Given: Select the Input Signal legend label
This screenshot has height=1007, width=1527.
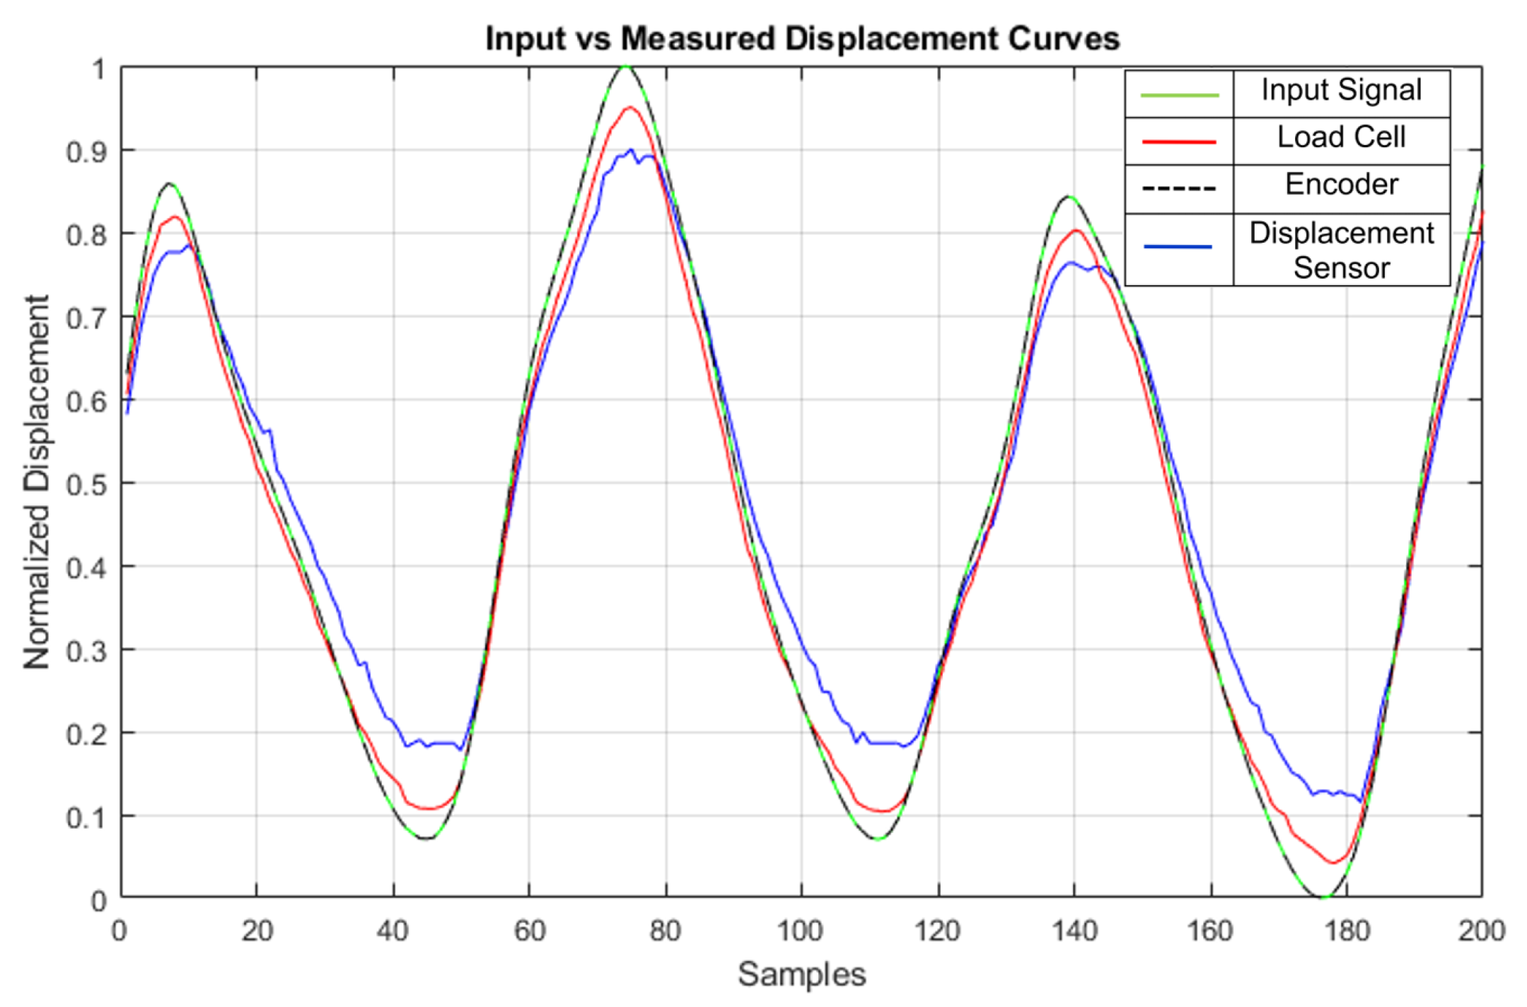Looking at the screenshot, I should (1341, 91).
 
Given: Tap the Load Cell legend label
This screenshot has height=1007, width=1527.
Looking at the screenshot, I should (1341, 137).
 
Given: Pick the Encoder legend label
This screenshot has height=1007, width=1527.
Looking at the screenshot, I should (1341, 185).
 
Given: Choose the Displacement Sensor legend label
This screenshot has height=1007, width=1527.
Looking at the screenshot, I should (1341, 251).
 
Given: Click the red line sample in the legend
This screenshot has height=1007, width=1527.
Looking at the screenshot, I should (1179, 142).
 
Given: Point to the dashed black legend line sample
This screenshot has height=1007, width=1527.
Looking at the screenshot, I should (1179, 189).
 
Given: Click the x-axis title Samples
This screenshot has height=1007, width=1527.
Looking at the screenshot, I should (801, 974).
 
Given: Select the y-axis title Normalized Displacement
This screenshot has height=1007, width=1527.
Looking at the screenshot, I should (37, 482).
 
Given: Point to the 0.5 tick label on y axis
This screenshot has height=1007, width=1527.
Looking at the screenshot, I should (86, 485).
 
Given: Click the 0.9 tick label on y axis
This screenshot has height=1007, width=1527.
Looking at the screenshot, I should (86, 152).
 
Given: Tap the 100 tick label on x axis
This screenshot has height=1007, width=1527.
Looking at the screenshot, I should (800, 931).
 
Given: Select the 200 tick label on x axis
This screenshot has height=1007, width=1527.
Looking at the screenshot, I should (1481, 931).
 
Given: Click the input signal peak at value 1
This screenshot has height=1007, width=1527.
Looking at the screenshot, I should (625, 67).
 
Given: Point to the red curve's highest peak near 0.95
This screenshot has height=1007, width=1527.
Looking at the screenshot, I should (629, 108).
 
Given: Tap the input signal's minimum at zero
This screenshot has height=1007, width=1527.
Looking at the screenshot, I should (1324, 897).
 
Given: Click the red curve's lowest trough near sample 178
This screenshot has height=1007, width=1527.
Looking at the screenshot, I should (1333, 863).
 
